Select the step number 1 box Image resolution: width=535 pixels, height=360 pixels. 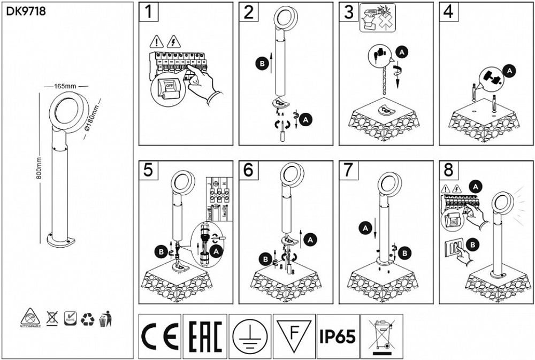[x=148, y=12]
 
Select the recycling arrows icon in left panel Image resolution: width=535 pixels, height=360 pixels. [x=87, y=319]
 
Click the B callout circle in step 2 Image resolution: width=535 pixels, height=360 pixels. [x=262, y=63]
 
